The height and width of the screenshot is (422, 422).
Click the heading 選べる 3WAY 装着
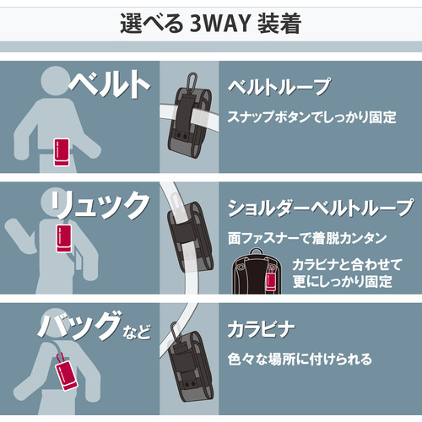pyautogui.click(x=211, y=24)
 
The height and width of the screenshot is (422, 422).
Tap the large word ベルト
pyautogui.click(x=109, y=84)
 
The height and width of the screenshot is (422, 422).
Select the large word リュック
pyautogui.click(x=100, y=204)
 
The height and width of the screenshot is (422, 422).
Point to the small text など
pyautogui.click(x=137, y=332)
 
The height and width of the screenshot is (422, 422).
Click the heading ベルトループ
pyautogui.click(x=279, y=87)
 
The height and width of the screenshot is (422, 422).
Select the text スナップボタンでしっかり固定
pyautogui.click(x=311, y=117)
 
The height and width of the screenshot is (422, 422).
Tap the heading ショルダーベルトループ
pyautogui.click(x=321, y=208)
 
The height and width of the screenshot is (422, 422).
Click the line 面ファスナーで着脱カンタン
pyautogui.click(x=307, y=238)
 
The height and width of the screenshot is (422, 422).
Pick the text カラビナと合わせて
pyautogui.click(x=347, y=265)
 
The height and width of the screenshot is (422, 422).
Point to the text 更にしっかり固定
pyautogui.click(x=342, y=282)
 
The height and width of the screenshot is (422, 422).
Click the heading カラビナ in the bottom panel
pyautogui.click(x=261, y=329)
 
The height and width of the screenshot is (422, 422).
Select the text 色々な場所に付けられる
pyautogui.click(x=300, y=360)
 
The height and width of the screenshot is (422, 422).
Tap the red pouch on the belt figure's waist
pyautogui.click(x=62, y=152)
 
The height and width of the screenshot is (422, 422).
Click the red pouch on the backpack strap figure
pyautogui.click(x=64, y=238)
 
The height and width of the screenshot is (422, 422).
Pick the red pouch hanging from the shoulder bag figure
pyautogui.click(x=65, y=373)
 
